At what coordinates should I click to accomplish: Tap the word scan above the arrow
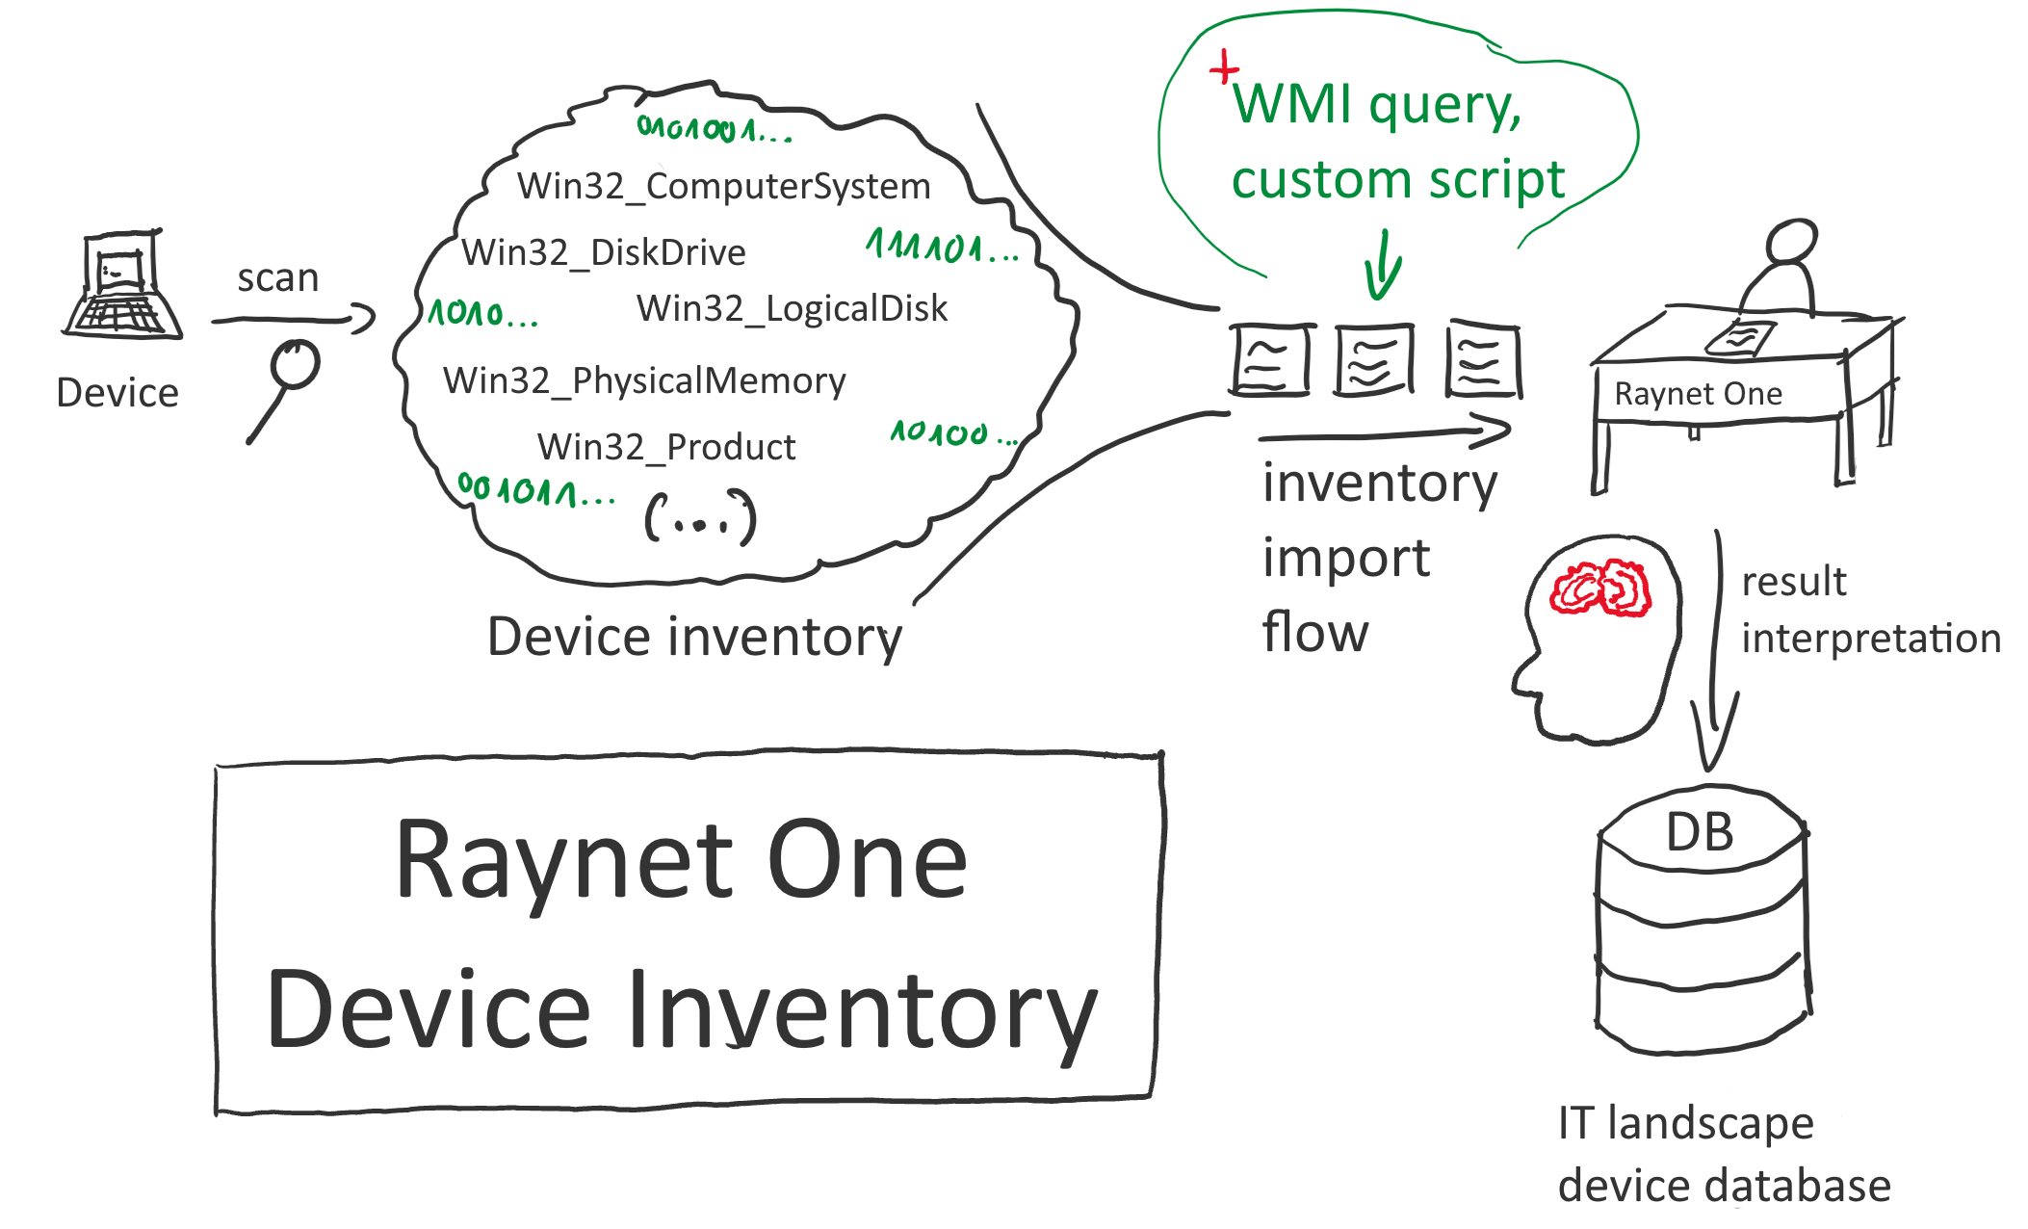click(x=277, y=278)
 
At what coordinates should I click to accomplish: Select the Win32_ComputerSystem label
click(x=723, y=186)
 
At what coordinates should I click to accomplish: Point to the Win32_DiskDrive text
click(x=603, y=252)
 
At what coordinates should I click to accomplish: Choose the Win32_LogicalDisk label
click(x=792, y=308)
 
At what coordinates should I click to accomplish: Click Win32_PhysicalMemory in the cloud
click(x=643, y=380)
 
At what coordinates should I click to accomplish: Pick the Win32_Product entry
click(x=665, y=447)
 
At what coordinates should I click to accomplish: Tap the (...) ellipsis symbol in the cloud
click(x=700, y=518)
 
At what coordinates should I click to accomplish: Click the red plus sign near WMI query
click(x=1224, y=68)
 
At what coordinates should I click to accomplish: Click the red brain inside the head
click(x=1599, y=588)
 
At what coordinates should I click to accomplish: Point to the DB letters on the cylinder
click(x=1700, y=832)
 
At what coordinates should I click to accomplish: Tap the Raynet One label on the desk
click(x=1698, y=394)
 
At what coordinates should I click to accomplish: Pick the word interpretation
click(x=1870, y=639)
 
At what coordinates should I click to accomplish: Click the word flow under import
click(x=1314, y=633)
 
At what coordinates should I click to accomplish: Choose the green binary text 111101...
click(x=941, y=248)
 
